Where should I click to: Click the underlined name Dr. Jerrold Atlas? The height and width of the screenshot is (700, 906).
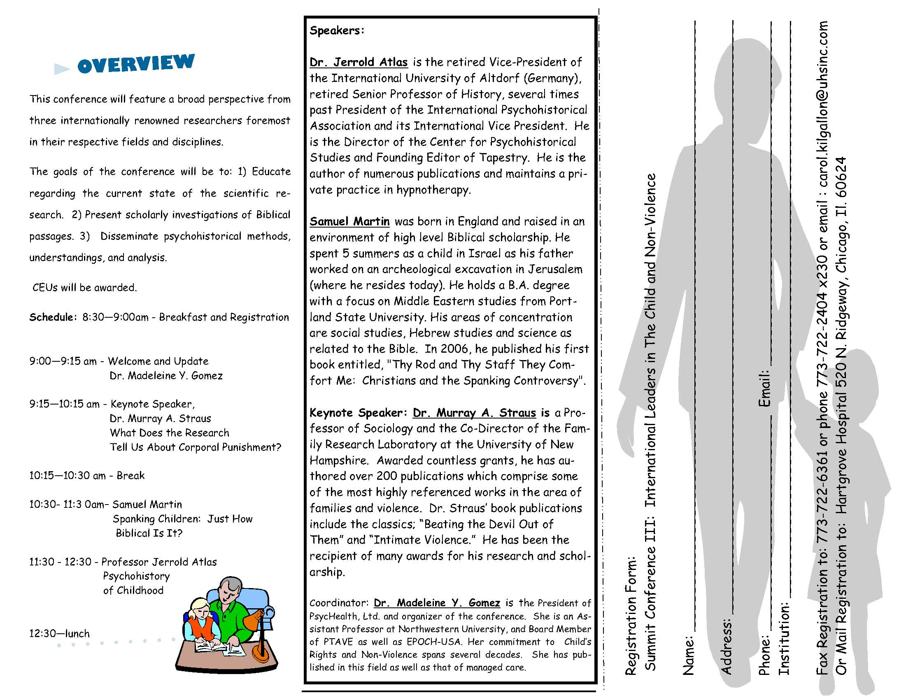click(x=359, y=62)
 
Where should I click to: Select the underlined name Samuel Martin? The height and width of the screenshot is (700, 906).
click(x=349, y=221)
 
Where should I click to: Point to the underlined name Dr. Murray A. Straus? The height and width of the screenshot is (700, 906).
click(x=474, y=413)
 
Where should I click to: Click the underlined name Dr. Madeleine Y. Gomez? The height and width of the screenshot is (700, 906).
click(x=437, y=603)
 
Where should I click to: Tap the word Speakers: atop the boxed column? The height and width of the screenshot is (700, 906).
click(x=336, y=31)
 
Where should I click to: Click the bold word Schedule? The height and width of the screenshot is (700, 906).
click(x=53, y=317)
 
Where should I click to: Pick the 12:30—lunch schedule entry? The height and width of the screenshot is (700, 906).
click(x=59, y=633)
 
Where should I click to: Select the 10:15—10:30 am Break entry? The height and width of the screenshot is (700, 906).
click(x=87, y=475)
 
